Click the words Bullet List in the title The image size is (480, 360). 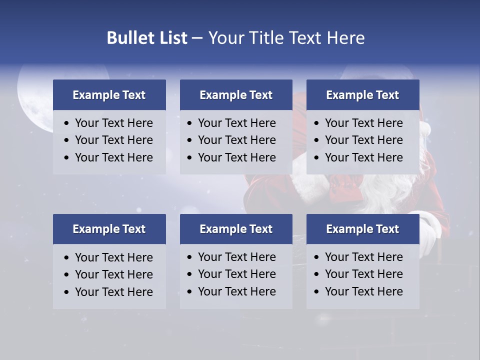pos(147,38)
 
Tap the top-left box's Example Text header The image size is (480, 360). pos(109,95)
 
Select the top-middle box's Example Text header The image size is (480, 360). pos(236,95)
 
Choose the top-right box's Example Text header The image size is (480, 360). pos(362,95)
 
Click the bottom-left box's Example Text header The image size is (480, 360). pos(109,229)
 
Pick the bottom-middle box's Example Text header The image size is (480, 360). pos(236,229)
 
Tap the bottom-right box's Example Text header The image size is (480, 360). pos(362,229)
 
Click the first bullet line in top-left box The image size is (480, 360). pos(113,123)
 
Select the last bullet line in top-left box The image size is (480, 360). pos(113,157)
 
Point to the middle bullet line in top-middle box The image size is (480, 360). pos(236,140)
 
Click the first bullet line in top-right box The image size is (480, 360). pos(363,123)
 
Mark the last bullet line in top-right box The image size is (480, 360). pos(363,157)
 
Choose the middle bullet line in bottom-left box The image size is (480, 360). pos(113,274)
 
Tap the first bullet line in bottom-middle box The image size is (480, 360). pos(236,257)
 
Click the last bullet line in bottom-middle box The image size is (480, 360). pos(236,291)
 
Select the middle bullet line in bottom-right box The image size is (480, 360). pos(363,274)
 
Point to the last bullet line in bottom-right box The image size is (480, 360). pos(363,291)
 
